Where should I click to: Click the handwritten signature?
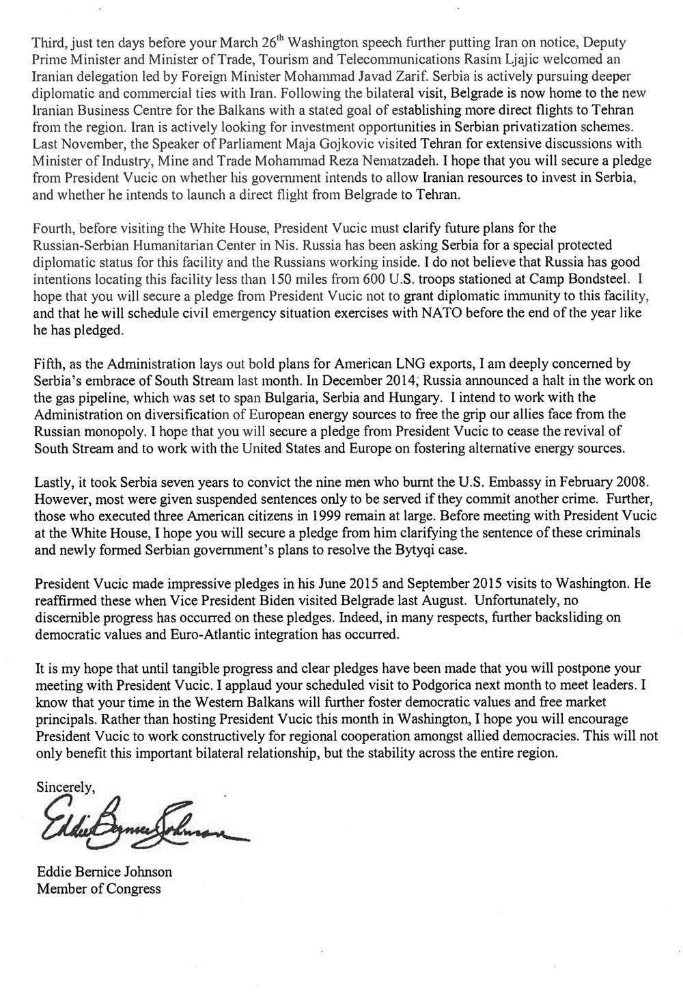point(134,825)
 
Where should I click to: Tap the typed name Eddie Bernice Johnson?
point(104,872)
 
